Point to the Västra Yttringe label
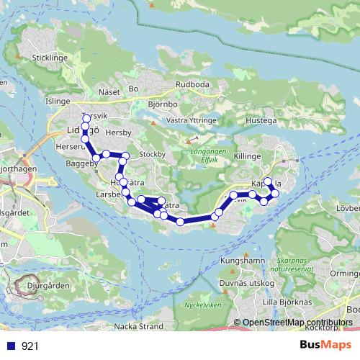(192, 120)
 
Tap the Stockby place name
(152, 153)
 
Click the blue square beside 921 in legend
(11, 346)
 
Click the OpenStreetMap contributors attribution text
(297, 323)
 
